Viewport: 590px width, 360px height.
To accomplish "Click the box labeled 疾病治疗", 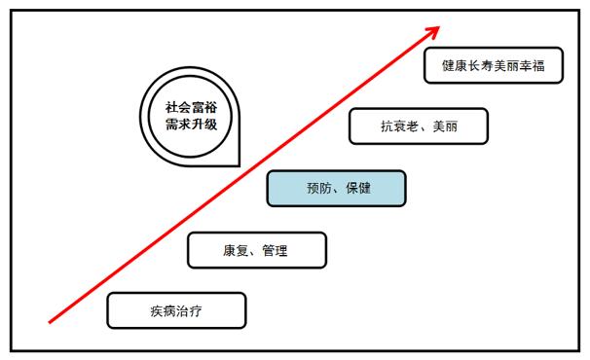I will tap(176, 310).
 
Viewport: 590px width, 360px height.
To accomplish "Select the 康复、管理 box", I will tap(256, 250).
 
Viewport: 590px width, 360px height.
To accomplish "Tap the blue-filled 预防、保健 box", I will tap(336, 188).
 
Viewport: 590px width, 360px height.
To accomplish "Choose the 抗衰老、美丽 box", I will tap(418, 126).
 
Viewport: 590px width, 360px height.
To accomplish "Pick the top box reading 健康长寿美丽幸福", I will tap(495, 66).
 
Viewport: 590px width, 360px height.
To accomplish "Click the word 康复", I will tap(235, 250).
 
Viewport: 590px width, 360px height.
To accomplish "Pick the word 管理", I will tap(276, 250).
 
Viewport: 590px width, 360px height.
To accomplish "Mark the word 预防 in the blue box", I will tap(314, 188).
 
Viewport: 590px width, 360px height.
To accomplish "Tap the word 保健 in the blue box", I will tap(356, 188).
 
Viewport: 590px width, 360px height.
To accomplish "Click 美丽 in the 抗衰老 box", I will tap(443, 126).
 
